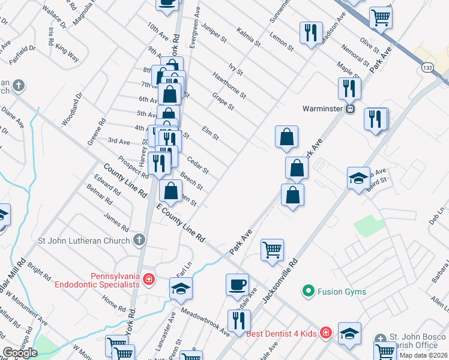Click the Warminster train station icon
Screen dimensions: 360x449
350,109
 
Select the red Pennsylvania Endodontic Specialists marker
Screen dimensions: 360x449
148,280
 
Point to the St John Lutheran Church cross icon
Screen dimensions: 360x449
139,241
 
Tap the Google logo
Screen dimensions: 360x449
20,353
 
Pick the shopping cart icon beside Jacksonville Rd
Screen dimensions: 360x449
273,249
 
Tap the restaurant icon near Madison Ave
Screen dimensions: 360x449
310,32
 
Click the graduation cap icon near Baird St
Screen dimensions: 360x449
358,178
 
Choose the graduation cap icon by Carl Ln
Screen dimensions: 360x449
181,289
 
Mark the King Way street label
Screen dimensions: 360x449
68,56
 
